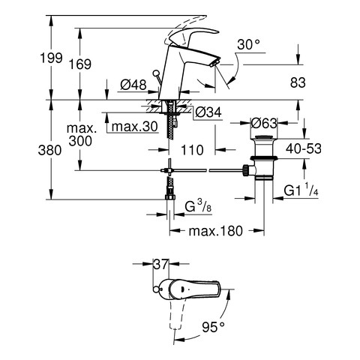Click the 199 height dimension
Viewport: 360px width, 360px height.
pyautogui.click(x=51, y=58)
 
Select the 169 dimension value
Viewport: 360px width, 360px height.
pyautogui.click(x=80, y=64)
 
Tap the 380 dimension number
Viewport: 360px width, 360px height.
pyautogui.click(x=49, y=150)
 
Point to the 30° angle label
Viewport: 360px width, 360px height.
pyautogui.click(x=248, y=45)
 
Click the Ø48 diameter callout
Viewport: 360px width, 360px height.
pyautogui.click(x=133, y=85)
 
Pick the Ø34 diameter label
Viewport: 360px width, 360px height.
pyautogui.click(x=208, y=112)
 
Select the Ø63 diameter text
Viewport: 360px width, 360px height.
pyautogui.click(x=264, y=123)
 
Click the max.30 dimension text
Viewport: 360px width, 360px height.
pyautogui.click(x=134, y=127)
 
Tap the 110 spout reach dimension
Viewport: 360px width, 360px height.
pyautogui.click(x=192, y=150)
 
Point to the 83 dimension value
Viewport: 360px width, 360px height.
pyautogui.click(x=298, y=82)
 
